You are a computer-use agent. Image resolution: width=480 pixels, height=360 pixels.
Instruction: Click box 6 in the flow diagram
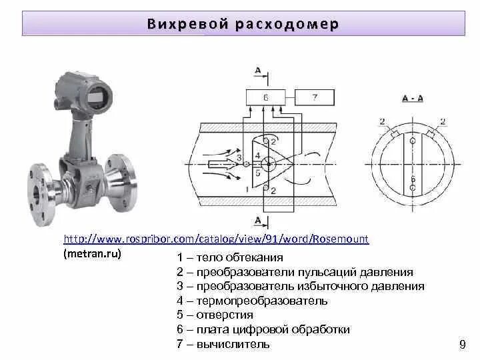click(x=265, y=97)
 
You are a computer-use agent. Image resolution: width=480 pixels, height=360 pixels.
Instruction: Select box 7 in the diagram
click(x=315, y=97)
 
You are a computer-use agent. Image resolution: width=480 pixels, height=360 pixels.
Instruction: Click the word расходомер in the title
click(x=287, y=25)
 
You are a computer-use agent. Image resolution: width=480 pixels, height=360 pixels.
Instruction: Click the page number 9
click(x=463, y=344)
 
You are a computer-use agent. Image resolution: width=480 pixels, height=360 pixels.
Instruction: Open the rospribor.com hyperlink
click(x=216, y=239)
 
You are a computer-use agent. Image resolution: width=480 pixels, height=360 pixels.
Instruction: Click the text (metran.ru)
click(x=93, y=255)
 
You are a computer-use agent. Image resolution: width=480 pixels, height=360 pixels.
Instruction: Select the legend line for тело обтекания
click(x=230, y=257)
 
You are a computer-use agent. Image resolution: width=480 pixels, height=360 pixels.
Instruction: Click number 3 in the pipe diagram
click(x=238, y=157)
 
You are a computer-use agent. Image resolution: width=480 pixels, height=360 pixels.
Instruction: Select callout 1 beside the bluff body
click(x=247, y=189)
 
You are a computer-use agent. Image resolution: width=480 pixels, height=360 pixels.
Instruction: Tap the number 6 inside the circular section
click(x=413, y=179)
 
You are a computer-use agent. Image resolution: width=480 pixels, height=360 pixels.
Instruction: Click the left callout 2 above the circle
click(x=381, y=121)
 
